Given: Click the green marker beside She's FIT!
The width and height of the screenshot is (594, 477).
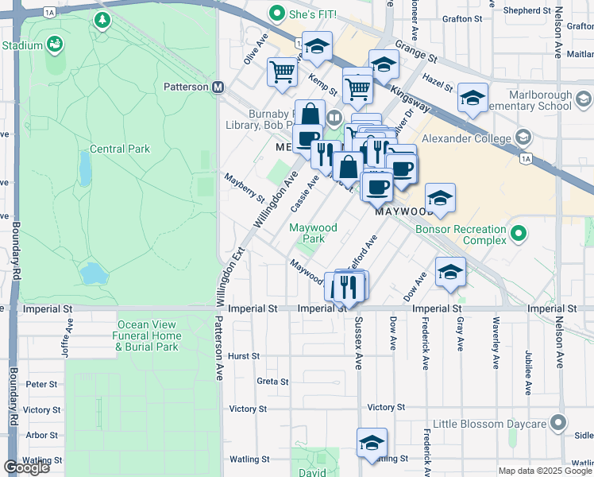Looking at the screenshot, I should pos(276,14).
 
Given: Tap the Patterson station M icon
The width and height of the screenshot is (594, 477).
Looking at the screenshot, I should pos(217,87).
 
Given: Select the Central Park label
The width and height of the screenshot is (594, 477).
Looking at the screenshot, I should pos(120,149).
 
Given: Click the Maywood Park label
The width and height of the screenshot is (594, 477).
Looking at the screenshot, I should pos(313,233).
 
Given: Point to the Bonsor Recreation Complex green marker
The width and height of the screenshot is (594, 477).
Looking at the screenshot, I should pos(519,234).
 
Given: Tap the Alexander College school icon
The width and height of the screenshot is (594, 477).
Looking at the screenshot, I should pos(523,138).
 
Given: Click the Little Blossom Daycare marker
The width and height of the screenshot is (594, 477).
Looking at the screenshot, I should pos(559,423).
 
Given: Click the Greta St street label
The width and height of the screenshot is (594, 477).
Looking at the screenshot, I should pos(272,382).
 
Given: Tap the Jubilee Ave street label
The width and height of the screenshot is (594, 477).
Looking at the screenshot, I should pos(528,371).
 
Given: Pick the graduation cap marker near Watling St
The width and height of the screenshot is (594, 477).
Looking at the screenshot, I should pos(371,444).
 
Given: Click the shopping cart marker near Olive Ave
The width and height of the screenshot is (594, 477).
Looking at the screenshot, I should pos(283,72).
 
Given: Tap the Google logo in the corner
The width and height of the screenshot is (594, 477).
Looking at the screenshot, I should pos(26,467).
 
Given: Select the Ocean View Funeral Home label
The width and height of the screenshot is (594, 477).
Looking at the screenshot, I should pos(149,335).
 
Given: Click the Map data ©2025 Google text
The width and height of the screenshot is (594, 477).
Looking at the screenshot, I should pos(544,471).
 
